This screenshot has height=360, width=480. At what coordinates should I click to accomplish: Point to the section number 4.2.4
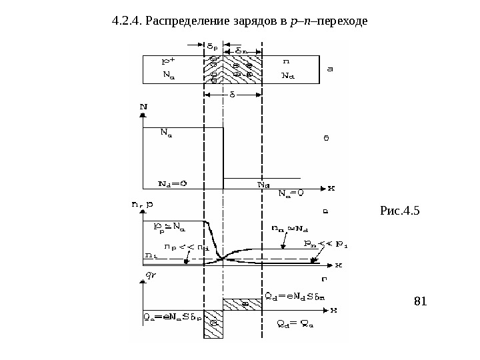point(127,21)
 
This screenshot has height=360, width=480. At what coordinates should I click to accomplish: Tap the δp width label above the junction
point(211,47)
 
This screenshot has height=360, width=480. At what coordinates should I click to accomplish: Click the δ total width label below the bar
point(233,94)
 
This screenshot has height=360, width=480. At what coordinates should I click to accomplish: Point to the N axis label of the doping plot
point(144,105)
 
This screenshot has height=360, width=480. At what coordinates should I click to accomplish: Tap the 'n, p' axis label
point(153,205)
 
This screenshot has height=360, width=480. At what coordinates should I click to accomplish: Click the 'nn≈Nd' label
point(288,229)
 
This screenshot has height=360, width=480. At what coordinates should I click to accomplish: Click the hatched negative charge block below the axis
point(213,323)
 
